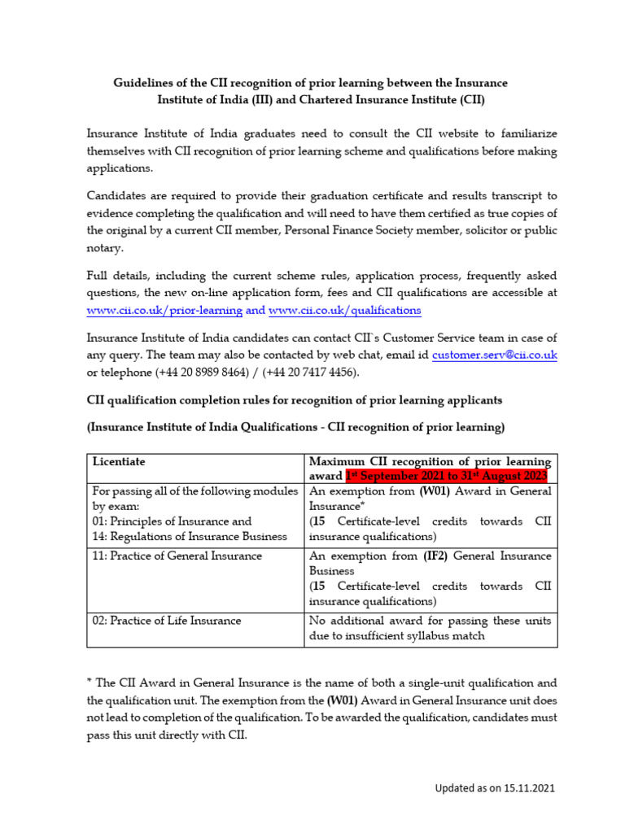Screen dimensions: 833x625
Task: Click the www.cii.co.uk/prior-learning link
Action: pyautogui.click(x=164, y=310)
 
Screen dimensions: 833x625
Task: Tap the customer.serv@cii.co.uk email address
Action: pyautogui.click(x=495, y=355)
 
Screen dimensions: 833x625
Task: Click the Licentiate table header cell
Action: pyautogui.click(x=119, y=461)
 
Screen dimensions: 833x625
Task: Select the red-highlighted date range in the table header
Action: pyautogui.click(x=447, y=476)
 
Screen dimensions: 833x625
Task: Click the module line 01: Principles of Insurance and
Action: pyautogui.click(x=172, y=521)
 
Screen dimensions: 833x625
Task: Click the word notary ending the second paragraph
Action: pyautogui.click(x=104, y=248)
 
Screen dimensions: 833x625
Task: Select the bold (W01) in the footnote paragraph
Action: pyautogui.click(x=342, y=699)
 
